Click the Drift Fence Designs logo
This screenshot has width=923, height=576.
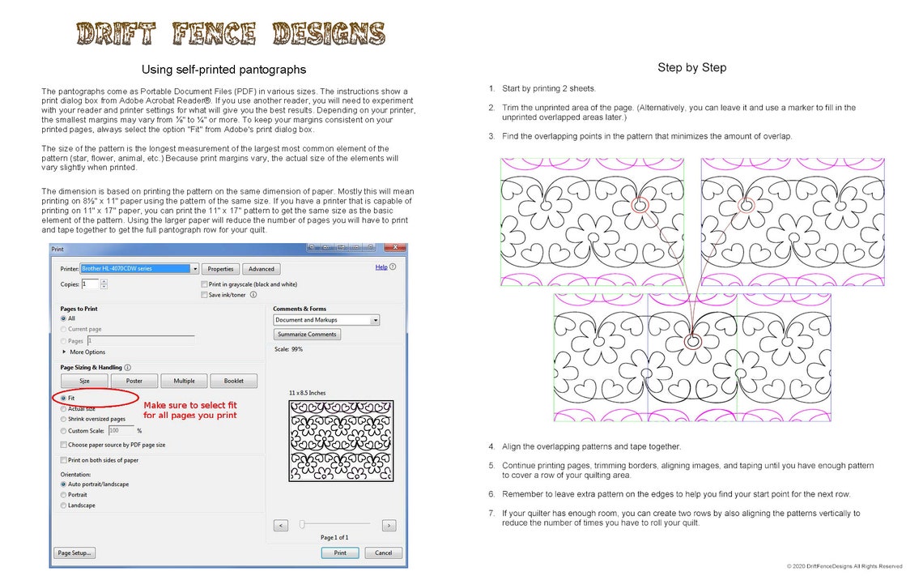pyautogui.click(x=231, y=33)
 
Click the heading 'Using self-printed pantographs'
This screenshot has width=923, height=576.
pyautogui.click(x=223, y=70)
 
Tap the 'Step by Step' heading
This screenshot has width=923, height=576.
pyautogui.click(x=691, y=67)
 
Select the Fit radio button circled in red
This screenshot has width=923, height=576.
pyautogui.click(x=64, y=398)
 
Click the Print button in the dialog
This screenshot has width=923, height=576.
pyautogui.click(x=340, y=553)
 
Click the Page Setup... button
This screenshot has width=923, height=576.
pyautogui.click(x=74, y=553)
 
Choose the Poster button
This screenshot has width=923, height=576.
pyautogui.click(x=134, y=381)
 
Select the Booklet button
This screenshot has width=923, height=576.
pyautogui.click(x=234, y=381)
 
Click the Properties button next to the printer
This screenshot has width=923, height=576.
pyautogui.click(x=220, y=269)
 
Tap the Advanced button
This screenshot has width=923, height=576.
pyautogui.click(x=261, y=269)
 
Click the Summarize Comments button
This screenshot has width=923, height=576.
pyautogui.click(x=307, y=334)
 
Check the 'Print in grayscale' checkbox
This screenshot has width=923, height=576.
pyautogui.click(x=203, y=284)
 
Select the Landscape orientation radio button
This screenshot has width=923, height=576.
pyautogui.click(x=64, y=506)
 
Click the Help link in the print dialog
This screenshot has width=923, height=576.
pyautogui.click(x=381, y=267)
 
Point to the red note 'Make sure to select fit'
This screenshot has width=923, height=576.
pyautogui.click(x=190, y=410)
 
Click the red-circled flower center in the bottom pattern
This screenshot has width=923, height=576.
pyautogui.click(x=693, y=342)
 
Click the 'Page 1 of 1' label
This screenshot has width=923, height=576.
pyautogui.click(x=334, y=537)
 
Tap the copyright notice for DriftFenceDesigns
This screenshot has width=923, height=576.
pyautogui.click(x=844, y=566)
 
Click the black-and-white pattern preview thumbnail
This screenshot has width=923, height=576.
pyautogui.click(x=341, y=441)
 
